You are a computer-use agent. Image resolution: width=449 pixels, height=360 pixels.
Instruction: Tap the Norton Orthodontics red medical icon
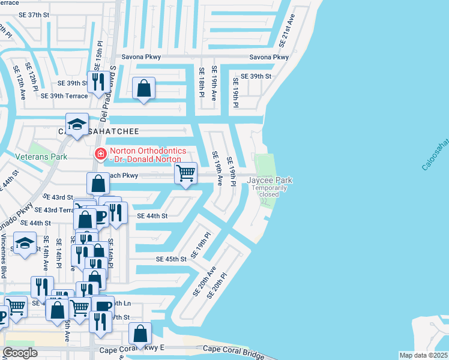click(x=100, y=154)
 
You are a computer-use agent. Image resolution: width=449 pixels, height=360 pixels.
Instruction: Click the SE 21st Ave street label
click(x=288, y=31)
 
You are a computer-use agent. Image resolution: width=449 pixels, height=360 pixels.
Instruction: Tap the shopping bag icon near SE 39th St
click(x=144, y=88)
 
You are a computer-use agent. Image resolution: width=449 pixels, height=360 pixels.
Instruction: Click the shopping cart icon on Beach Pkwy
click(x=186, y=173)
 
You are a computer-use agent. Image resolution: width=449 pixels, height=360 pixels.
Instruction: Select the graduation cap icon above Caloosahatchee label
click(x=77, y=124)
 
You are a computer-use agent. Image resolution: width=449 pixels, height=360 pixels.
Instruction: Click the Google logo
click(x=20, y=353)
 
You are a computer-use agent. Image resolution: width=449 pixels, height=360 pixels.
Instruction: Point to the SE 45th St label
click(x=172, y=259)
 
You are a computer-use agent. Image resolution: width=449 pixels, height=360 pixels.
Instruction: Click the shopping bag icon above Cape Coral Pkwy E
click(x=140, y=333)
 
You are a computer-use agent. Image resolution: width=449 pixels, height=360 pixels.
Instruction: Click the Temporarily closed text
click(x=269, y=191)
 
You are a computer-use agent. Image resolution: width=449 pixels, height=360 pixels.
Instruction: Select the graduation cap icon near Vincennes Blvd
click(x=24, y=244)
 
